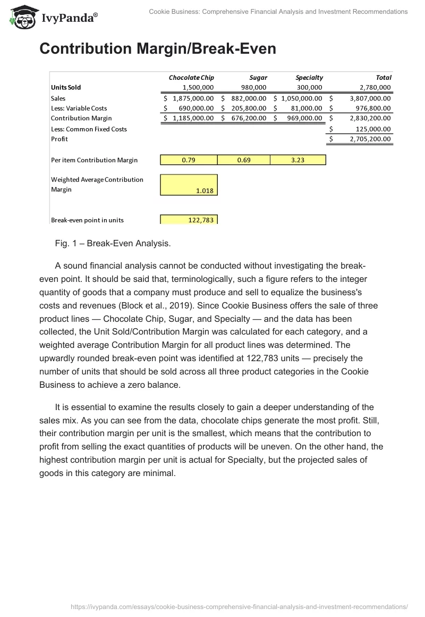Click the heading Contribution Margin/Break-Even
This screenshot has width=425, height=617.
tap(158, 49)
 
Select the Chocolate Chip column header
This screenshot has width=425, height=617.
tap(191, 78)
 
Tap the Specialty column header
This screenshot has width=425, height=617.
tap(309, 78)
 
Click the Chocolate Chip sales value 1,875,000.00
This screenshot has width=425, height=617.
tap(193, 98)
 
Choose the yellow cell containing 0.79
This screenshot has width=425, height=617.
tap(189, 160)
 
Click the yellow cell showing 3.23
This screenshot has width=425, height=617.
tap(297, 160)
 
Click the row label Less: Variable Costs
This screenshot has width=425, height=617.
tap(79, 109)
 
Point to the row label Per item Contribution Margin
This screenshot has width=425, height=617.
tap(94, 160)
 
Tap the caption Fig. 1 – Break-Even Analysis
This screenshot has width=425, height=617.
tap(113, 244)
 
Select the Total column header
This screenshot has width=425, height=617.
tap(384, 78)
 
